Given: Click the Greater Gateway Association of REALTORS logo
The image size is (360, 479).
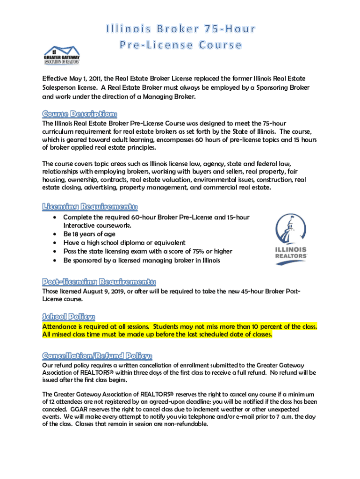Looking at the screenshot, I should point(62,55).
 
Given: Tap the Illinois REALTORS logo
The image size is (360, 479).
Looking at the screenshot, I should point(290,239).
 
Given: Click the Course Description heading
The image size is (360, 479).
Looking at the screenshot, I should point(80,114).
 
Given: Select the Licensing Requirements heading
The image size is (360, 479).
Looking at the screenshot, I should point(90,207).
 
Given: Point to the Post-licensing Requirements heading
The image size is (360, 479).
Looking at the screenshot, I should point(99,282).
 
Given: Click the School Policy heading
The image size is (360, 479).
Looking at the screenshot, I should point(69,316).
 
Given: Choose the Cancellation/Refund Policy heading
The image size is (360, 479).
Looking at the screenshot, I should point(97,355).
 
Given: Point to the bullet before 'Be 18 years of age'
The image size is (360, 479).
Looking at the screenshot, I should point(55,234).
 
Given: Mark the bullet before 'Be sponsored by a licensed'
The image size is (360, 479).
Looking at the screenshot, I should point(55,260).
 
